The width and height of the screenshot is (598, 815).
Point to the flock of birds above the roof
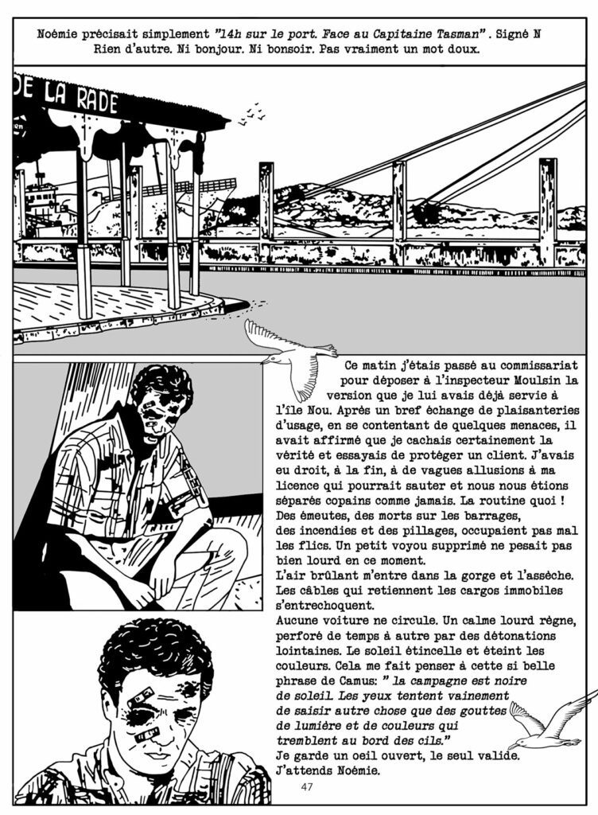[253, 115]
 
